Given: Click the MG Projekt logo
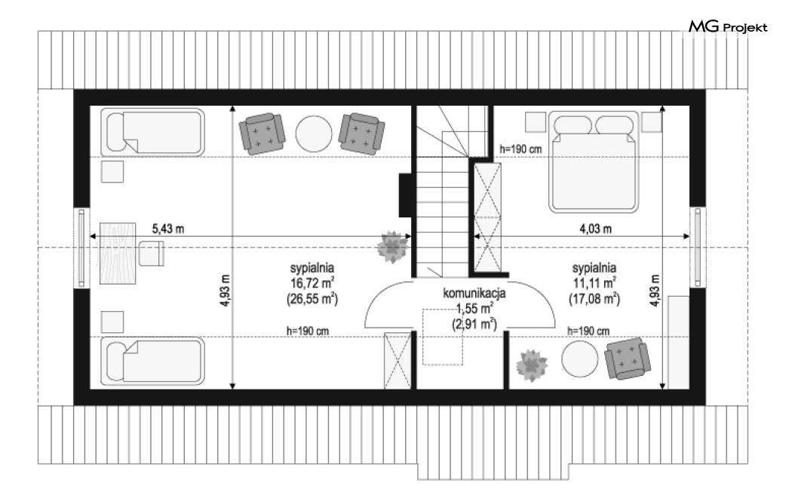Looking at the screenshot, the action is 729,26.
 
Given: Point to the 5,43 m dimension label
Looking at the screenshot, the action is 168,229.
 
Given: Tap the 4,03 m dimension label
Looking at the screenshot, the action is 596,229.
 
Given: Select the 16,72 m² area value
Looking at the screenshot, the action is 312,283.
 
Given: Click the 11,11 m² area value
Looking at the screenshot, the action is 594,283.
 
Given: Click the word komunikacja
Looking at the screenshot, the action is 474,293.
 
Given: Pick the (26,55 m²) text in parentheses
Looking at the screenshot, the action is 312,299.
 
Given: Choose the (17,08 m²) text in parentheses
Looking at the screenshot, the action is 594,299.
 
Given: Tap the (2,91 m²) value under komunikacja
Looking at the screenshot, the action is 474,324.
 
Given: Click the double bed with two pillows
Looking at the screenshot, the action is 594,162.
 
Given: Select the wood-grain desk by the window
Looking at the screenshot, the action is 117,253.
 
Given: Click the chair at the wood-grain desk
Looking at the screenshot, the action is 151,254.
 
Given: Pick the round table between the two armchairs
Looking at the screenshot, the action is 314,134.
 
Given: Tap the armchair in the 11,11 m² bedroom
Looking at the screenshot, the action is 628,358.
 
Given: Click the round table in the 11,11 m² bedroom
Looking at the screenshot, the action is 580,359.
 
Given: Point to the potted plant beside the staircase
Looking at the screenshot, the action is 392,247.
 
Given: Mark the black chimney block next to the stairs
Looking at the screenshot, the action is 405,195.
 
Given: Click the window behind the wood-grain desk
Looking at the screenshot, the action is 81,248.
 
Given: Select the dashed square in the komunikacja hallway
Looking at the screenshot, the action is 443,337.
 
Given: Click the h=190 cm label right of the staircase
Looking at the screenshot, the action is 520,149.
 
